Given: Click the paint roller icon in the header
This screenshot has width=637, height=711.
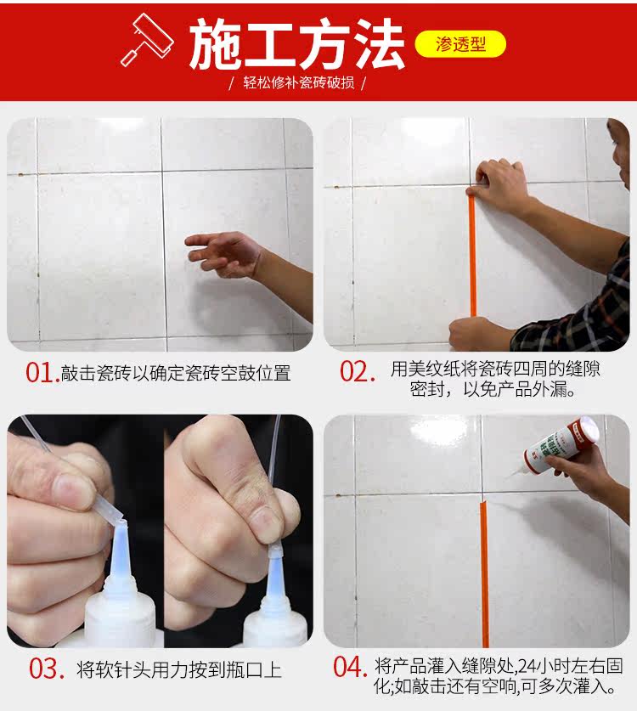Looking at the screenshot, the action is pos(147,40).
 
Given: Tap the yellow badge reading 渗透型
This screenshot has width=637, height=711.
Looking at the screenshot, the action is pos(460,44).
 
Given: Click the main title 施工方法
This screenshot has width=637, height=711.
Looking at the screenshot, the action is pos(296,44).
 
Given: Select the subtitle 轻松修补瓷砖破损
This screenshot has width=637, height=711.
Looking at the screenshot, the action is pos(299,82).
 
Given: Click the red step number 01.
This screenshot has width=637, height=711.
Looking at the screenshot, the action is pos(42,373).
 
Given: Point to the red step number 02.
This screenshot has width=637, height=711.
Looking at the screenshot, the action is pos(358,372).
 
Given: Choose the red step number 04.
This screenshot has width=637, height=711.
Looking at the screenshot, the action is pos(350,667).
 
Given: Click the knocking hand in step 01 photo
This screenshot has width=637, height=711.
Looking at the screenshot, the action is pos(223,253).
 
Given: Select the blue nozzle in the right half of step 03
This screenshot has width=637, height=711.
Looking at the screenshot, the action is pos(274,576).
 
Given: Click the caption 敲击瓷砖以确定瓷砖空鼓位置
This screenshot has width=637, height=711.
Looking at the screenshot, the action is pos(176,373).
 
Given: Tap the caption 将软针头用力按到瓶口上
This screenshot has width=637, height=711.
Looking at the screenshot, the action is pos(179,669).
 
